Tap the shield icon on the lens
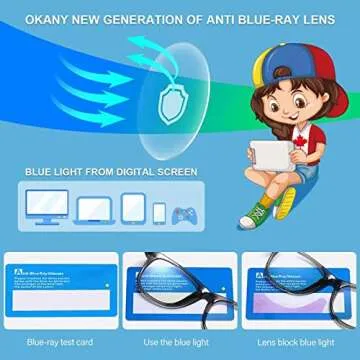pyautogui.click(x=171, y=96)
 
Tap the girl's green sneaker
pyautogui.click(x=257, y=213)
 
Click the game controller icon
pyautogui.click(x=184, y=214)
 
